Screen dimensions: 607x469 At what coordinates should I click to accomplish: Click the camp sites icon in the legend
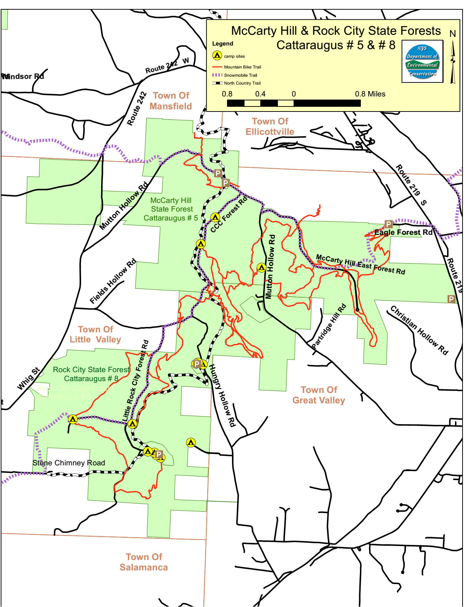(217, 56)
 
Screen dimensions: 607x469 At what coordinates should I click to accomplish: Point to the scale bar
(294, 103)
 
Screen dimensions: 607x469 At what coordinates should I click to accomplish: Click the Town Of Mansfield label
(171, 101)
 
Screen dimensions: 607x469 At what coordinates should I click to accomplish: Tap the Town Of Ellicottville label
(270, 127)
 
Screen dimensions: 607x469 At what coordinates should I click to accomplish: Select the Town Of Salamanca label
(144, 562)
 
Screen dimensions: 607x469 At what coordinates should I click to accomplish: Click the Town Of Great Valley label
(319, 395)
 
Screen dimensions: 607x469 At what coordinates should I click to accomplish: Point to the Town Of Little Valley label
(95, 334)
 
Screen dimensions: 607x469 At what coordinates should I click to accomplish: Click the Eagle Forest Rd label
(403, 232)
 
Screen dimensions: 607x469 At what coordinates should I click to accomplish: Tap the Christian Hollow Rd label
(419, 330)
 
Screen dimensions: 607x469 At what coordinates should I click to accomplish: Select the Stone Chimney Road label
(69, 463)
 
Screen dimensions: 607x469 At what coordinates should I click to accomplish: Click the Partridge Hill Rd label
(329, 326)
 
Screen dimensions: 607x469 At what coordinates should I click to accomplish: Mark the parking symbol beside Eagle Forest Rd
(388, 224)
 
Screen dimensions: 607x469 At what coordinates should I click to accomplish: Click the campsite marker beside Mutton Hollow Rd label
(261, 267)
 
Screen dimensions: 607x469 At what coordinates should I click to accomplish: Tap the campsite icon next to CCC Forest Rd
(215, 217)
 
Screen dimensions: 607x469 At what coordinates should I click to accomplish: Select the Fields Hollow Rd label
(113, 281)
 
